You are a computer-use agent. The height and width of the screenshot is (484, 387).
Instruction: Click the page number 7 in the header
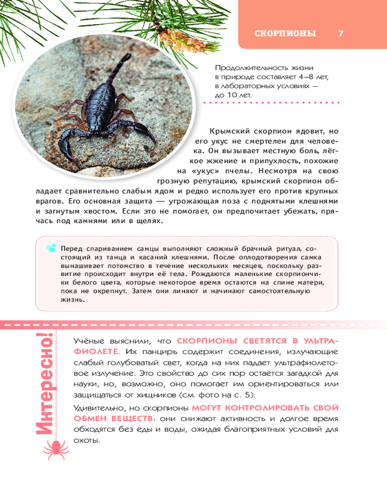coord(341,33)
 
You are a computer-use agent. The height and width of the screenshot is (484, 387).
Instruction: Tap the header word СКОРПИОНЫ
coord(285,33)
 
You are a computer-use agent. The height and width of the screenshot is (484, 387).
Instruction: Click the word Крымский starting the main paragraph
coord(226,131)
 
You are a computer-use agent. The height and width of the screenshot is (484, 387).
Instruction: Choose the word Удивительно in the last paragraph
coord(96,408)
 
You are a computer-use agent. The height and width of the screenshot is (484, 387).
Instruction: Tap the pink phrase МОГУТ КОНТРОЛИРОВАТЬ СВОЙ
coord(265,408)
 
